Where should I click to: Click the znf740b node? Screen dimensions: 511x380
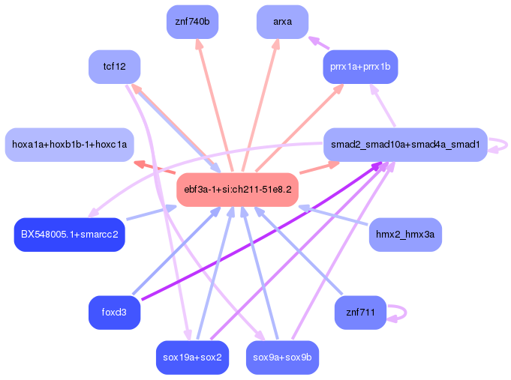coord(192,22)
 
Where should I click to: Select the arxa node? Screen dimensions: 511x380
coord(283,22)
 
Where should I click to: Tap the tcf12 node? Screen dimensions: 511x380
coord(114,67)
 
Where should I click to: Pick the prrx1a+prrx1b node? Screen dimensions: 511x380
coord(360,67)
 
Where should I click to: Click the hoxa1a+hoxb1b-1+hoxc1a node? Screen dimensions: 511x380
coord(70,145)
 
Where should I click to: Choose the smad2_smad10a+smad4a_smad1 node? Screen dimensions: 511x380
coord(405,145)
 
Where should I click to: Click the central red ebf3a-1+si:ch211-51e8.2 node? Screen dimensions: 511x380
coord(238,190)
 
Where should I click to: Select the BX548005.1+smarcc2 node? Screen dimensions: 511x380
coord(70,235)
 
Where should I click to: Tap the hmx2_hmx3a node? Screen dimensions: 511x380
coord(405,235)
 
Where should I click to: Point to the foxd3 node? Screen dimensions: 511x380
coord(114,313)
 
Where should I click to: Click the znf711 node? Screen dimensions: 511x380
coord(360,313)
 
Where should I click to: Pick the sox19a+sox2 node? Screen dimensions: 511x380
coord(192,358)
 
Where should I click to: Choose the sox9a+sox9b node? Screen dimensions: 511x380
coord(283,358)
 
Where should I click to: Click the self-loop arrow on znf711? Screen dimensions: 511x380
coord(406,313)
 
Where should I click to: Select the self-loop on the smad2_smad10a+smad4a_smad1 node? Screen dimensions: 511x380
coord(506,145)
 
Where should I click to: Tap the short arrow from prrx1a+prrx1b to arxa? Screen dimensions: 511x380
coord(319,43)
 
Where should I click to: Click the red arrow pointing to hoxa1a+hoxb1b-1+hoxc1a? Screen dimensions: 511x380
coord(155,166)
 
